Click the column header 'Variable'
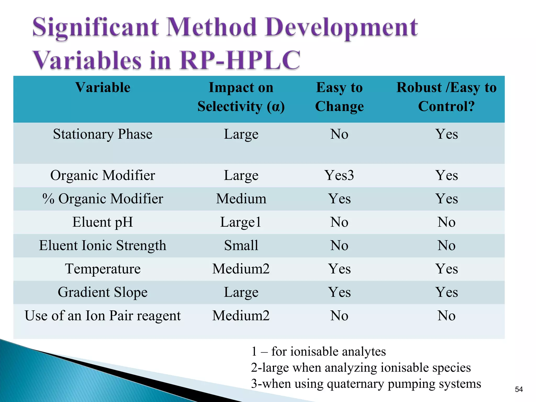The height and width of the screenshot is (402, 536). coord(103,87)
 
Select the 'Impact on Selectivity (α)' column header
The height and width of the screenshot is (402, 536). coord(241,97)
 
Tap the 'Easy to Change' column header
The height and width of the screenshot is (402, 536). coord(339,97)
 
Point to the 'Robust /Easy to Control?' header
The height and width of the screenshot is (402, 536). coord(446,97)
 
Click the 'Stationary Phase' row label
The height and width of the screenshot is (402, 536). coord(103,134)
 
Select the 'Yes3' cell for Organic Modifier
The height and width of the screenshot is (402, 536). coord(339,175)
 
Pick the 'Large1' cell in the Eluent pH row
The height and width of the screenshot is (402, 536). coord(241,222)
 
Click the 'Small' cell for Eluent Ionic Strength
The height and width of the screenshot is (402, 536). coord(241,245)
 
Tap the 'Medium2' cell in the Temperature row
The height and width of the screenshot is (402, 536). coord(241,269)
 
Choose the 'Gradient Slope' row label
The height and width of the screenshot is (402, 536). coord(103,292)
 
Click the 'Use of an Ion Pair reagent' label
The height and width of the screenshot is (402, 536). coord(103,316)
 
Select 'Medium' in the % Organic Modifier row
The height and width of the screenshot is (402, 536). coord(241,199)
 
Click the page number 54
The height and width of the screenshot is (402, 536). coord(519,389)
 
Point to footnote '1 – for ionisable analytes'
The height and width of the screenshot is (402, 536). coord(318,351)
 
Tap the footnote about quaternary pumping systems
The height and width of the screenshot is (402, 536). coord(366,384)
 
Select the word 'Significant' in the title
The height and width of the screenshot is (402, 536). coord(96,27)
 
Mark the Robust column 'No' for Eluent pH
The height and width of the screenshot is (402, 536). coord(446,222)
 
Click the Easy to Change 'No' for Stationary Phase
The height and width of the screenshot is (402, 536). coord(339,134)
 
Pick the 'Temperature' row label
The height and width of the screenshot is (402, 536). coord(103,269)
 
